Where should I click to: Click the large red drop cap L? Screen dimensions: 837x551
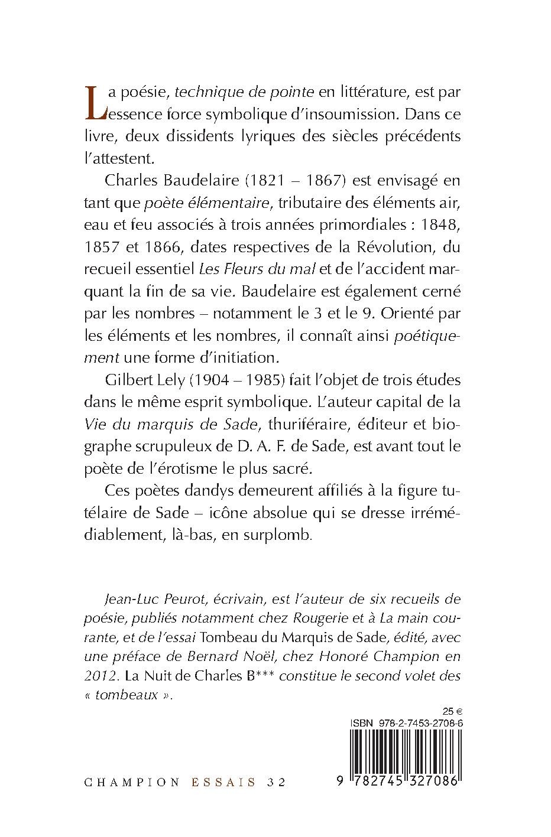coord(96,101)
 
